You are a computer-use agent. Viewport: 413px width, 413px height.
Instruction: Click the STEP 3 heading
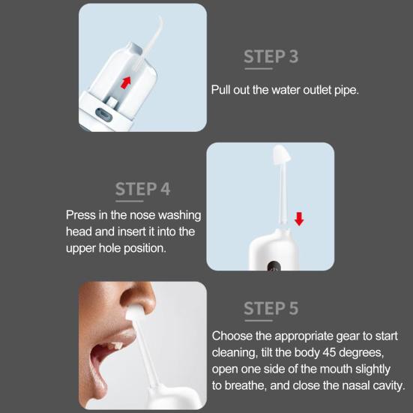271,56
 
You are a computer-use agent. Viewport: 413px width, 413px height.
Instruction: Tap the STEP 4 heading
142,189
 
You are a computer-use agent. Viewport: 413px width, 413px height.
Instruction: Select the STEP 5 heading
271,308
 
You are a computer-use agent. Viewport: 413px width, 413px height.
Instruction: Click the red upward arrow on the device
126,82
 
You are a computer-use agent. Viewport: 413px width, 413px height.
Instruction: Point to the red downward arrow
299,219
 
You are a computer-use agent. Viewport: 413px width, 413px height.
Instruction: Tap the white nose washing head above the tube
281,154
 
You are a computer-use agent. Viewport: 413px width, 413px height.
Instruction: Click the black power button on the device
274,266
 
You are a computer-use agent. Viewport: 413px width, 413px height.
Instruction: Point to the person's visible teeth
115,346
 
